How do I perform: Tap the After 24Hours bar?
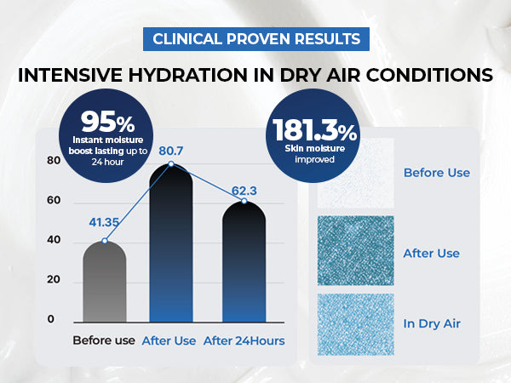point(244,262)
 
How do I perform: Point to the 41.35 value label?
point(104,222)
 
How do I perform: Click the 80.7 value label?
point(171,151)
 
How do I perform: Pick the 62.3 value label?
point(244,191)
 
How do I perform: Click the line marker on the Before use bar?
point(105,241)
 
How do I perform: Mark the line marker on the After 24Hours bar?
point(244,201)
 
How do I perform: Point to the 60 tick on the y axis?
point(54,200)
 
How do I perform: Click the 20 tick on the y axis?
point(54,279)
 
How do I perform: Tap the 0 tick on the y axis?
point(50,319)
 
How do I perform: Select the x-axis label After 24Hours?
point(244,340)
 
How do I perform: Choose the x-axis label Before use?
point(104,340)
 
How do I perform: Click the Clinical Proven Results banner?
point(256,39)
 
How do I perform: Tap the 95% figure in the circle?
point(107,122)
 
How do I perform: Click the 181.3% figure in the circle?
point(314,130)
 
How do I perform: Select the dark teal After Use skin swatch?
point(356,250)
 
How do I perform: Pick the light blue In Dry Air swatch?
point(356,324)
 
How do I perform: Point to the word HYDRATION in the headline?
point(187,75)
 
